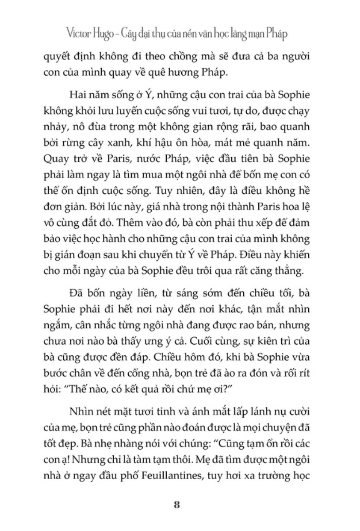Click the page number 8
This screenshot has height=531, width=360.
(x=176, y=505)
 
